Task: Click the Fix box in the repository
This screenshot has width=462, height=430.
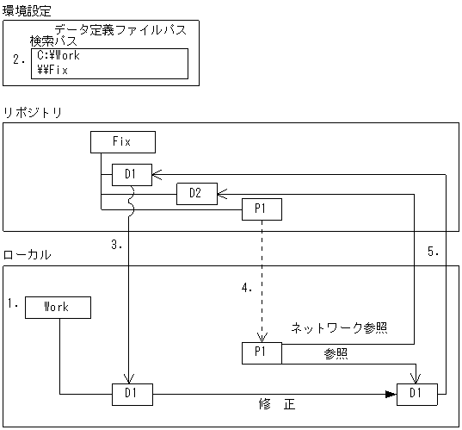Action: [x=123, y=141]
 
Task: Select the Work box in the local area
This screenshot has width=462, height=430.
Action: [x=57, y=307]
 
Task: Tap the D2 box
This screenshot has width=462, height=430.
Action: [x=195, y=194]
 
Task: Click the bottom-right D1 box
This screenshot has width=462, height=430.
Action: [x=416, y=395]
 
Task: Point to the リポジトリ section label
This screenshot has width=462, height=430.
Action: [x=31, y=114]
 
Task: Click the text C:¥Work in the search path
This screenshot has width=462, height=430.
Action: [x=59, y=55]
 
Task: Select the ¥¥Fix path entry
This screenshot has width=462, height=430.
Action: [x=52, y=70]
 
